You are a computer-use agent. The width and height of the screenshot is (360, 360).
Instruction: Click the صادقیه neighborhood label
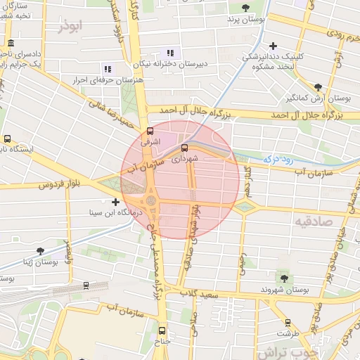(x=317, y=223)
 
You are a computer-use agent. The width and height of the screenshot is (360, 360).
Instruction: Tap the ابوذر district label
(x=71, y=26)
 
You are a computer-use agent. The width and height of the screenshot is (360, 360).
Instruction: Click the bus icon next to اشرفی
(x=149, y=131)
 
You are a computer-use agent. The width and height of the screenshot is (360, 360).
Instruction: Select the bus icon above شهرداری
(x=184, y=148)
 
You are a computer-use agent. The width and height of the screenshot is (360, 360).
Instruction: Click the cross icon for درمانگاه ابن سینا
(x=115, y=202)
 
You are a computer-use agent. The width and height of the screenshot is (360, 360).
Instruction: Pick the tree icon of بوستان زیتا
(x=39, y=251)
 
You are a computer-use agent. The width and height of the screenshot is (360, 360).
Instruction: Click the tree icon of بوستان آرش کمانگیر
(x=319, y=87)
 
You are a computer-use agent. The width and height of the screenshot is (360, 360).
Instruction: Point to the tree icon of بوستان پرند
(x=245, y=8)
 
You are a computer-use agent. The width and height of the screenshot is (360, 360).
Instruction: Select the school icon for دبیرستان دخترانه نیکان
(x=169, y=53)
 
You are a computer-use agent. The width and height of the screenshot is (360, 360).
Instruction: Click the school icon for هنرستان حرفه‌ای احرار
(x=108, y=69)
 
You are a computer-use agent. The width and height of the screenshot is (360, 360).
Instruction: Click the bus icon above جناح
(x=162, y=330)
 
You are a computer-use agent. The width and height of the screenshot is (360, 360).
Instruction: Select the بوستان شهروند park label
(x=284, y=290)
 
